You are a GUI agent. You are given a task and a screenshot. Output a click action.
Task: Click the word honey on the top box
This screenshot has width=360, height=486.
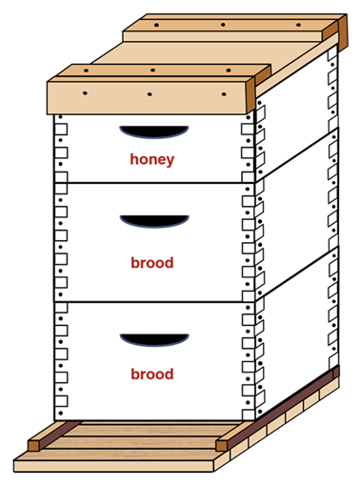(152, 159)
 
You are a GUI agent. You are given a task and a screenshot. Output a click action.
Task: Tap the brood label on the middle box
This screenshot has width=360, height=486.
(152, 262)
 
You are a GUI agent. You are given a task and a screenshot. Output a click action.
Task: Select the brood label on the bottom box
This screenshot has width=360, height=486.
(152, 375)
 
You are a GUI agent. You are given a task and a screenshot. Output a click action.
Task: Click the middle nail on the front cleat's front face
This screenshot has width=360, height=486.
(150, 95)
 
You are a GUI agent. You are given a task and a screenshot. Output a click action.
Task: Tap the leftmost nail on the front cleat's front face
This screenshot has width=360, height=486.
(85, 93)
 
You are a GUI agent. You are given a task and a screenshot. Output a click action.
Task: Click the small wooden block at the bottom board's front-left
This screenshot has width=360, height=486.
(35, 443)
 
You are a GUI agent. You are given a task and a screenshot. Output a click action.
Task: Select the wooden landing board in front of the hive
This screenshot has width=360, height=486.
(124, 460)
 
